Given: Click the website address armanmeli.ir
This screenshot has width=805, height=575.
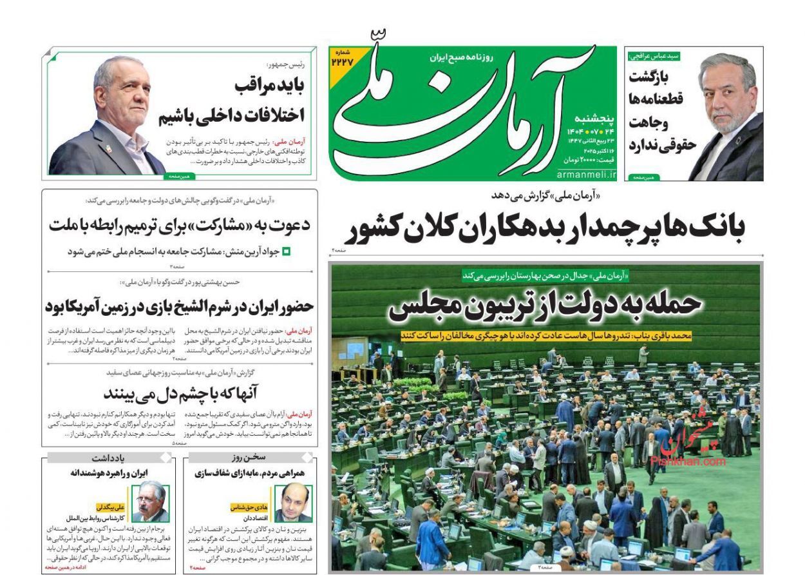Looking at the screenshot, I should (x=586, y=174).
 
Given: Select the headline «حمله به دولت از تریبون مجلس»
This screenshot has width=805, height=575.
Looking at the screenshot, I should (x=545, y=305).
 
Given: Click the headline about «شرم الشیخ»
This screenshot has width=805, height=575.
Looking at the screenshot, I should (x=179, y=307).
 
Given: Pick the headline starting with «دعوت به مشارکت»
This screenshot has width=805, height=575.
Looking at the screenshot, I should (x=179, y=225).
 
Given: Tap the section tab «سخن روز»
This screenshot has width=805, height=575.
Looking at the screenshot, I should (x=250, y=457).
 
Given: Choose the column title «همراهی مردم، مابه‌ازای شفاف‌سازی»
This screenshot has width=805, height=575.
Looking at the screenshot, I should (x=250, y=473).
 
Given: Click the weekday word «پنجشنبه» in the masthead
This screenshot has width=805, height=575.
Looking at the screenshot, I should (x=592, y=119).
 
